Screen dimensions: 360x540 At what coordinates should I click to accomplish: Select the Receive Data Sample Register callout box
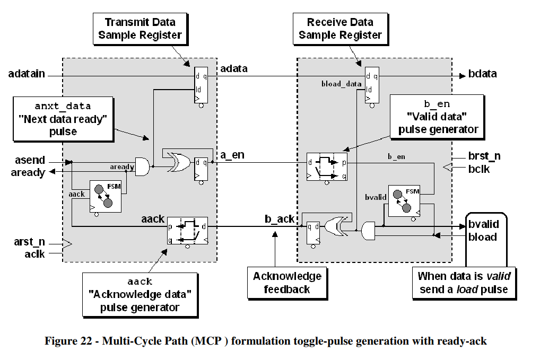(x=340, y=29)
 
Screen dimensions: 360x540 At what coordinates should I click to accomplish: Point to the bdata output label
(x=482, y=74)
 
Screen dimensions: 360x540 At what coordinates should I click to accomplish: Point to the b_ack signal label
(x=279, y=219)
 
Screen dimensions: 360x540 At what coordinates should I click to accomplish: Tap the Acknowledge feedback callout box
(x=287, y=282)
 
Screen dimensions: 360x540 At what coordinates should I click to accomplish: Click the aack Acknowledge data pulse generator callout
(x=140, y=294)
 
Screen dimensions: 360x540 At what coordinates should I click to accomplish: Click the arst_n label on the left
(x=27, y=242)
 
